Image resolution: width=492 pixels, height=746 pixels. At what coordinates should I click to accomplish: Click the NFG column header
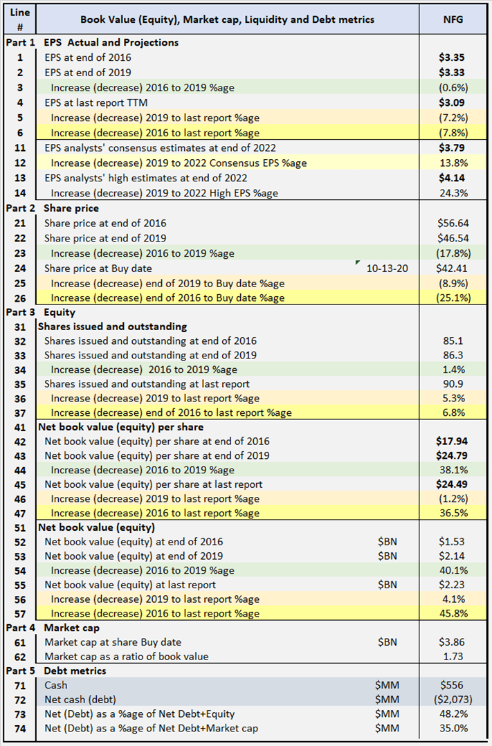click(453, 19)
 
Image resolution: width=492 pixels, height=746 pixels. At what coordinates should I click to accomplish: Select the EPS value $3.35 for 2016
click(453, 57)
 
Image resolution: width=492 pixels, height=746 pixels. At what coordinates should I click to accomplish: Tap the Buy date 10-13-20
click(388, 269)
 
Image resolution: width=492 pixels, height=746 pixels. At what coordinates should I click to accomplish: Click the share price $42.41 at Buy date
click(453, 269)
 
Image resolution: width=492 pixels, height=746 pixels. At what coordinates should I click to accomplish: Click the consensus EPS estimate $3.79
click(453, 148)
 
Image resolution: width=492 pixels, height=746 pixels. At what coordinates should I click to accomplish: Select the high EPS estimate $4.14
click(453, 178)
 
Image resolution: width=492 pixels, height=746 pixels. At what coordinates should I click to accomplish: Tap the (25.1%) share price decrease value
click(454, 298)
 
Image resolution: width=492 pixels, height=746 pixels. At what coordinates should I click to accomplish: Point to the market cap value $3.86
click(453, 642)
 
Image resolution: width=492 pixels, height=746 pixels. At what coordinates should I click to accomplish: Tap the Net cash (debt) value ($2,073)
click(453, 700)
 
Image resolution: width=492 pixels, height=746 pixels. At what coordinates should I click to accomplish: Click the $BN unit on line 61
click(388, 642)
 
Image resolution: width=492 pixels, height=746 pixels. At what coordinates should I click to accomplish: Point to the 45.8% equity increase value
click(453, 613)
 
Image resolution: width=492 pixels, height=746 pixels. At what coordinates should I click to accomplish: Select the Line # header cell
click(19, 19)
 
